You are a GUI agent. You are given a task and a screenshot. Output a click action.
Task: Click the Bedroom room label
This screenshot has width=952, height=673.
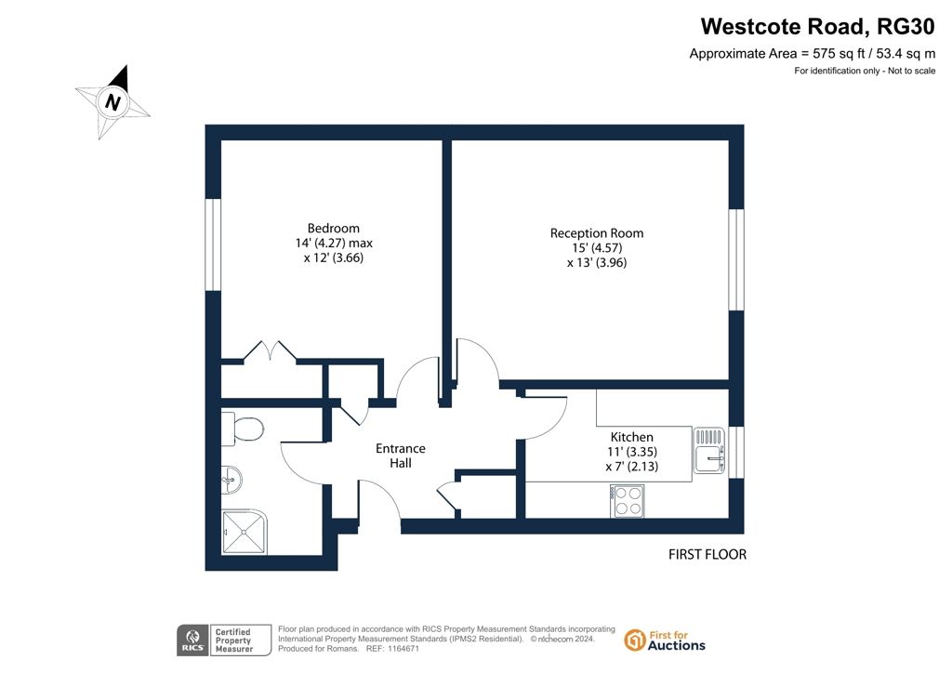[x=334, y=229]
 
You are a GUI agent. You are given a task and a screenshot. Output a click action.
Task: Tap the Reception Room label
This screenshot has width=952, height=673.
[x=597, y=233]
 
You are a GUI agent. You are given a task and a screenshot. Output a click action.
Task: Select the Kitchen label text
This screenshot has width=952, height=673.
[x=632, y=437]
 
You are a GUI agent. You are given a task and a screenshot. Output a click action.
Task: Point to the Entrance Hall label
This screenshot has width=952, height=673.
[x=400, y=455]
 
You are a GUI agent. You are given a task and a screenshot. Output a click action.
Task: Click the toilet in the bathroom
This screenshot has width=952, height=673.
[x=243, y=429]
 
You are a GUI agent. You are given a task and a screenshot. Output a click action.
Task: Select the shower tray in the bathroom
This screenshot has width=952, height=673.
[x=245, y=532]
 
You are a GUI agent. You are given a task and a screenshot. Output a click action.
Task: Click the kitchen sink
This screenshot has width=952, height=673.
[x=708, y=450]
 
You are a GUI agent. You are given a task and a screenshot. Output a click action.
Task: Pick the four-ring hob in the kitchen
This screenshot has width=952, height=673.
[x=628, y=501]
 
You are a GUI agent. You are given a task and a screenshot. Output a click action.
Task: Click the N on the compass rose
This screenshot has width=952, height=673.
[x=112, y=102]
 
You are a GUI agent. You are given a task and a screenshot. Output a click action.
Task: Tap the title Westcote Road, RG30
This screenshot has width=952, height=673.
[x=818, y=27]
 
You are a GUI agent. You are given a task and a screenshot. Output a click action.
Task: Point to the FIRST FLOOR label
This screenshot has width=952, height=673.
[x=707, y=554]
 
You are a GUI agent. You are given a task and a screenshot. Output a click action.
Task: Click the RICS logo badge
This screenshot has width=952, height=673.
[x=192, y=640]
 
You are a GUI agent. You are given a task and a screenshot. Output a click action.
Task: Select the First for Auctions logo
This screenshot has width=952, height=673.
[x=665, y=640]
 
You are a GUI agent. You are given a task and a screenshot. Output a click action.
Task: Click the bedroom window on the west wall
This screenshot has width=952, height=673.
[x=213, y=244]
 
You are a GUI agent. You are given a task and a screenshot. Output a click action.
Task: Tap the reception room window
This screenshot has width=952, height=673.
[x=736, y=259]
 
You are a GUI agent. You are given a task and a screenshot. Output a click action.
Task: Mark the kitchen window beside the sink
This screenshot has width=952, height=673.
[x=736, y=452]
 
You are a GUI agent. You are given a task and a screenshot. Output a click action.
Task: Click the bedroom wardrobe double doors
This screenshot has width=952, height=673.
[x=271, y=352]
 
